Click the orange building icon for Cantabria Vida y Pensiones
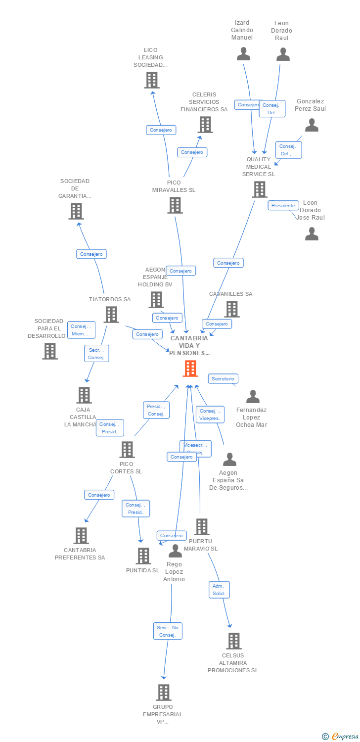[190, 368]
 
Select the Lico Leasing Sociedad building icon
[152, 80]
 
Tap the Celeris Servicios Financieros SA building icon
[205, 125]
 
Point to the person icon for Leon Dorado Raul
[283, 54]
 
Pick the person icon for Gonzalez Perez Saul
[312, 125]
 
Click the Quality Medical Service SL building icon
[259, 189]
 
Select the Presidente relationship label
[283, 205]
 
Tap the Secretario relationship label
[223, 378]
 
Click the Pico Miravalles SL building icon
[175, 205]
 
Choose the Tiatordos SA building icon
[111, 314]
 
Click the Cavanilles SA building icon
[231, 309]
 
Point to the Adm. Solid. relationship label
[219, 589]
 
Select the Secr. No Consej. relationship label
[168, 631]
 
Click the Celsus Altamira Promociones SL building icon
[234, 641]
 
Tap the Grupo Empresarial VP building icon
[164, 692]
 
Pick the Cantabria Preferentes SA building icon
[81, 535]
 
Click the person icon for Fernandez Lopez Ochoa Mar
[253, 396]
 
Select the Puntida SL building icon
[143, 556]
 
